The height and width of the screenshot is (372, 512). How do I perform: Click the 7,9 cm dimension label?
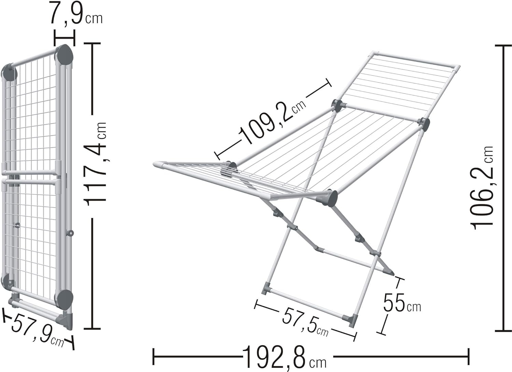click(x=76, y=13)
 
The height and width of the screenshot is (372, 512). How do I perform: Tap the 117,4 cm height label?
click(x=95, y=164)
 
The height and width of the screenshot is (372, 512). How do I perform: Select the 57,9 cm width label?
click(x=38, y=330)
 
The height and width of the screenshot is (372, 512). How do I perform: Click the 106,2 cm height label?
click(x=482, y=187)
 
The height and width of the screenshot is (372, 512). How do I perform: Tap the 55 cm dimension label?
click(x=402, y=303)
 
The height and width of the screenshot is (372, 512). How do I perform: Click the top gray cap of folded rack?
click(x=65, y=56)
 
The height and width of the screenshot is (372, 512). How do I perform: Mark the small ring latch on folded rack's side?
click(x=71, y=233)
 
